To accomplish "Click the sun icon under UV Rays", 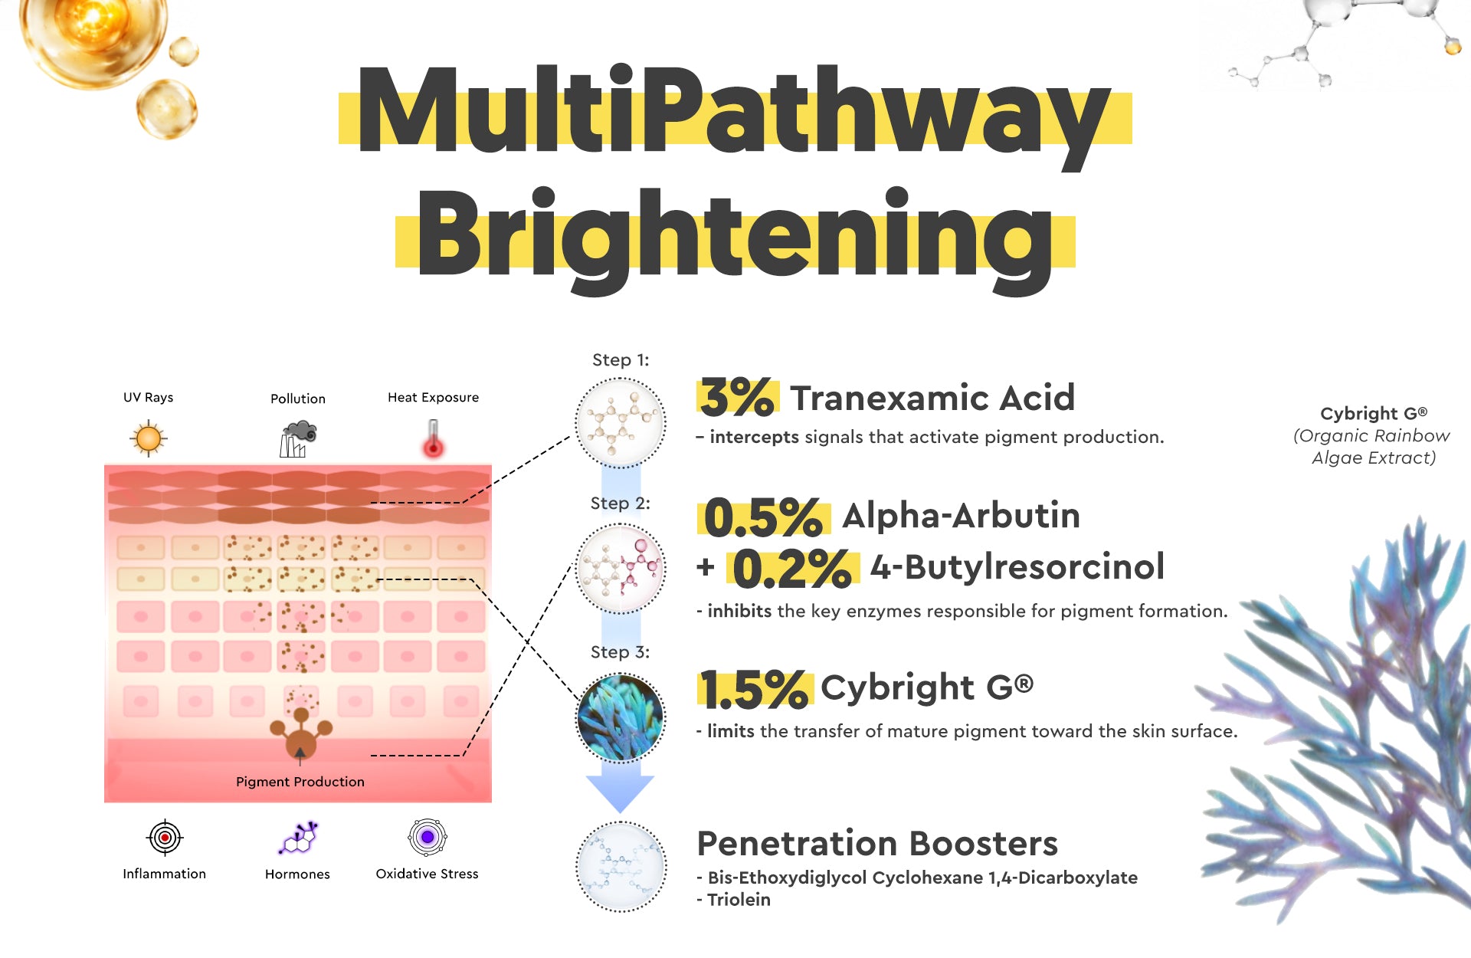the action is (149, 438).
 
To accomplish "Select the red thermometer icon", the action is (434, 438).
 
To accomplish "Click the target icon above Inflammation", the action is (165, 838).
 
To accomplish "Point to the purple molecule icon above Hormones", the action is (298, 838).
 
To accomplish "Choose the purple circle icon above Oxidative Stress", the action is (428, 837).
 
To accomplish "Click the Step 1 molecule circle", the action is (621, 422).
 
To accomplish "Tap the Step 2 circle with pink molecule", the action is (621, 569).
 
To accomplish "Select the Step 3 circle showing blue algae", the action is (621, 718).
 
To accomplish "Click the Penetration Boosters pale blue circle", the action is (621, 867).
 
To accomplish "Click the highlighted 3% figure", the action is (737, 398).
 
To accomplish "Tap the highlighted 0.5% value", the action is (764, 517).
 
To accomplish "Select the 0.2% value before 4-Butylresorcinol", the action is (792, 569).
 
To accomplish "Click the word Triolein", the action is (739, 900).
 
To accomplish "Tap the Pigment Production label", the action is (300, 782).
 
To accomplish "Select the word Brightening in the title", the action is (735, 238).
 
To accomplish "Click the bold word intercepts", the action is (754, 438).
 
